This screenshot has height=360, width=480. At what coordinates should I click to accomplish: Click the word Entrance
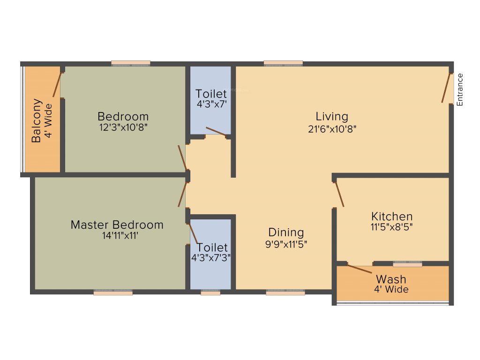[x=460, y=90]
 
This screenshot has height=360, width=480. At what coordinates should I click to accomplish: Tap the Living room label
[x=332, y=116]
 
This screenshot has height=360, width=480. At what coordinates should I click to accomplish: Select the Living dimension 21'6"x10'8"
[x=332, y=129]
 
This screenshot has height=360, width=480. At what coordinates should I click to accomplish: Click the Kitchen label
[x=392, y=217]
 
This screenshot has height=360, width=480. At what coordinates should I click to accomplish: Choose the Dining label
[x=286, y=232]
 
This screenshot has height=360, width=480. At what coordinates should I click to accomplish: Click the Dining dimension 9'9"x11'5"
[x=286, y=244]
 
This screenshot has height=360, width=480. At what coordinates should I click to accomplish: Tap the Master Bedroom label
[x=117, y=225]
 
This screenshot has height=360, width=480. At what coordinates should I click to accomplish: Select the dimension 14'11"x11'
[x=117, y=236]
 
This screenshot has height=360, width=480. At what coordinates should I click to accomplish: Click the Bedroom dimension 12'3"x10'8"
[x=123, y=127]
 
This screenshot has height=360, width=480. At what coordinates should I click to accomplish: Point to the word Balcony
[x=37, y=120]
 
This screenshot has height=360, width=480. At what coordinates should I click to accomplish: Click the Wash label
[x=391, y=279]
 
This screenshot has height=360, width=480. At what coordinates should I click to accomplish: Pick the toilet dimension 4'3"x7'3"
[x=211, y=257]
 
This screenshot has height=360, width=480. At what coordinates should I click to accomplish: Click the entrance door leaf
[x=446, y=88]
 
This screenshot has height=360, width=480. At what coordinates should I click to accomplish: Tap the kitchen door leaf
[x=339, y=195]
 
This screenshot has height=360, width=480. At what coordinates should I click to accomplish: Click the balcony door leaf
[x=57, y=83]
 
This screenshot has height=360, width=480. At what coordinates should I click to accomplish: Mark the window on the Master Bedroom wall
[x=113, y=292]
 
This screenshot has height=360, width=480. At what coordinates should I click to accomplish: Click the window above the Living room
[x=283, y=63]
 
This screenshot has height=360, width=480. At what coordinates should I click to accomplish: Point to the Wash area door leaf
[x=359, y=269]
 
